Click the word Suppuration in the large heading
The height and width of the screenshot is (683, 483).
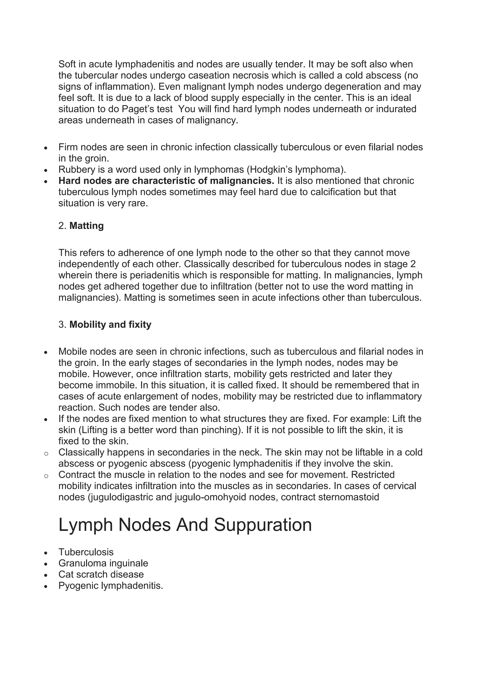pyautogui.click(x=263, y=525)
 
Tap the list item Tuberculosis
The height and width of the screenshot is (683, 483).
pyautogui.click(x=86, y=552)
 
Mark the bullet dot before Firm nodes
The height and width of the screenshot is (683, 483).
pyautogui.click(x=46, y=148)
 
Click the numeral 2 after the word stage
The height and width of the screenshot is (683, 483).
pyautogui.click(x=413, y=264)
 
